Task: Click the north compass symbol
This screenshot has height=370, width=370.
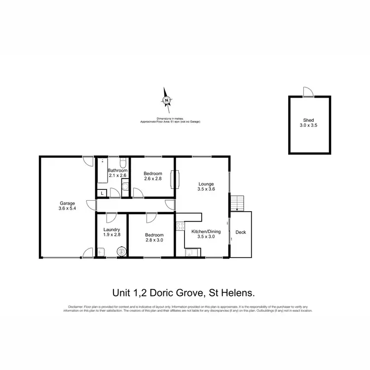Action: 167,101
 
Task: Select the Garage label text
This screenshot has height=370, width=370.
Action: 67,203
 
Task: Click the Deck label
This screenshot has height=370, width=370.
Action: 240,232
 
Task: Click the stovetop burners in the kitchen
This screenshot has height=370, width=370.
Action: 180,228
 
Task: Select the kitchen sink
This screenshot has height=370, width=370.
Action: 190,253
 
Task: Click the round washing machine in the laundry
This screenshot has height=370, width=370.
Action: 121,252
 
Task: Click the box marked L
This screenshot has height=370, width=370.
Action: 102,193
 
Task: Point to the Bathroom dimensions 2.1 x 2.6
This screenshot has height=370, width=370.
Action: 117,176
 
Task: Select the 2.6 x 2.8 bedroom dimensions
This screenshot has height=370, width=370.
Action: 152,179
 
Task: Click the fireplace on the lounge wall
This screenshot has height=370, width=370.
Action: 173,180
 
